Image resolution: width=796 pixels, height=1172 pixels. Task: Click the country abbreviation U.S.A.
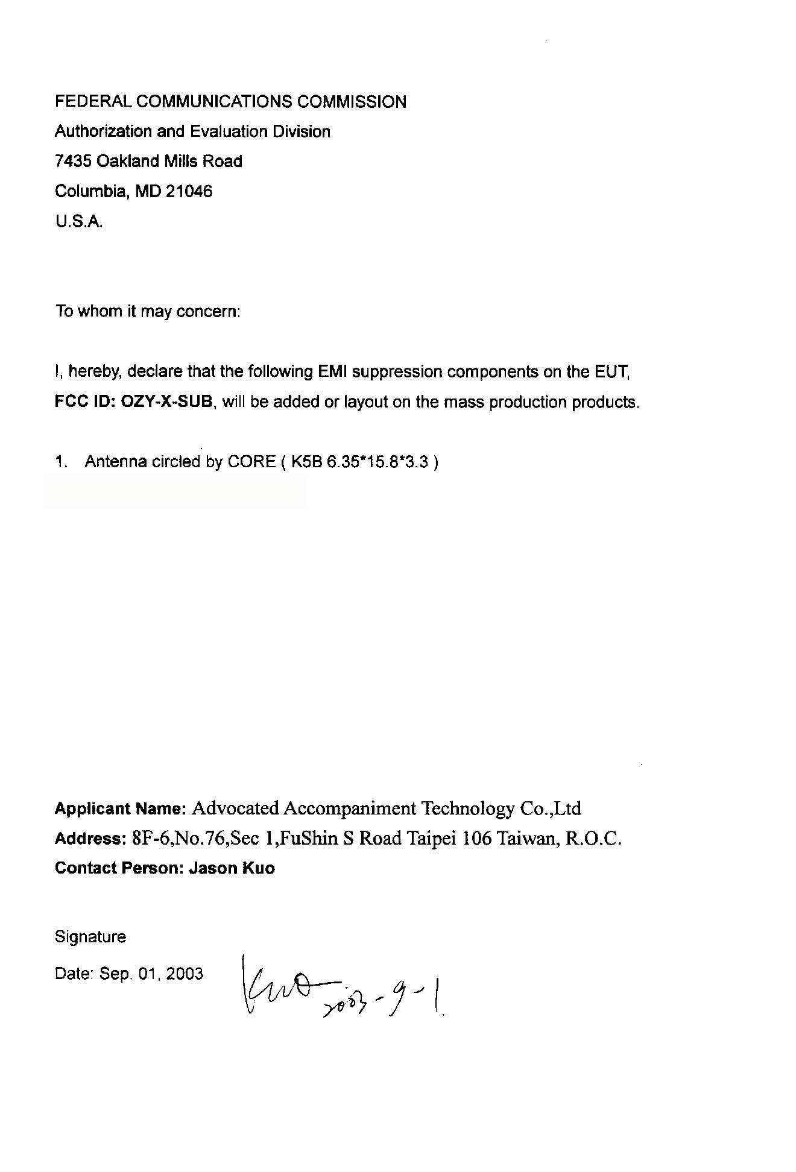pos(79,222)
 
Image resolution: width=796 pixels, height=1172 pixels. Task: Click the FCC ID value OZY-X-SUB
pos(167,402)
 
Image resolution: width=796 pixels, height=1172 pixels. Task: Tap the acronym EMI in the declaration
pos(332,371)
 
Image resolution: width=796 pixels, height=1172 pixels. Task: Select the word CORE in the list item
pos(251,462)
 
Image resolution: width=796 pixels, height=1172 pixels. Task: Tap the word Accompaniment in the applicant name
pos(349,808)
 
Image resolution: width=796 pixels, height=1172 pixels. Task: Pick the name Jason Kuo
pos(232,868)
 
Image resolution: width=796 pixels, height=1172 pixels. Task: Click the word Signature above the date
pos(90,937)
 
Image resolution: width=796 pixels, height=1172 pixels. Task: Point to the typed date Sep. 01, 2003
pos(151,974)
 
